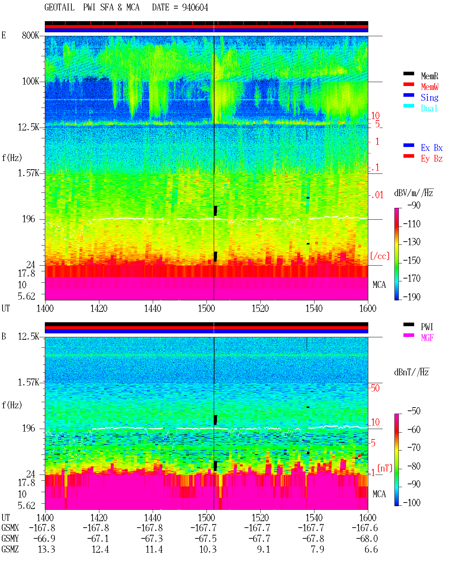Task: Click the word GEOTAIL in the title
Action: [x=60, y=8]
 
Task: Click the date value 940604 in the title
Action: [x=195, y=8]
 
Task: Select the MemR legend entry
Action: [x=429, y=76]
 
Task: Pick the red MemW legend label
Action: [x=430, y=87]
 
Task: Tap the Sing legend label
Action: [x=429, y=97]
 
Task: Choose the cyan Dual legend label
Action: [x=429, y=108]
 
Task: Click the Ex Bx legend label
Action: [x=432, y=148]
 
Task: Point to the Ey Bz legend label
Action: [x=432, y=159]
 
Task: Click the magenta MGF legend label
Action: [x=427, y=338]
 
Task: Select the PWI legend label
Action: [x=427, y=327]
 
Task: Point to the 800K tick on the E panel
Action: [x=30, y=35]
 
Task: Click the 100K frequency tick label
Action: [x=30, y=81]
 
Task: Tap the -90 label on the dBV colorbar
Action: [x=414, y=205]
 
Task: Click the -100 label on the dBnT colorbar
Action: [x=412, y=503]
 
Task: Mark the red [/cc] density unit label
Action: [x=380, y=256]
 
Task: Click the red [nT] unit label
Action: [x=385, y=468]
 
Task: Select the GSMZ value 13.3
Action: [x=47, y=549]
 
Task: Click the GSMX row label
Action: [x=10, y=528]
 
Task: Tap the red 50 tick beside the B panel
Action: [x=375, y=388]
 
